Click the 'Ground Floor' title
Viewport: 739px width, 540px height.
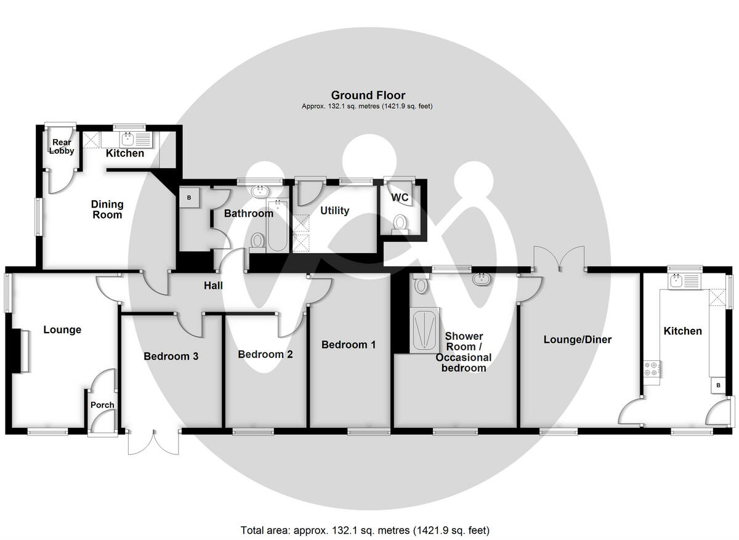[368, 95]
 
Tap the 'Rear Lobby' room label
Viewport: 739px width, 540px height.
[62, 147]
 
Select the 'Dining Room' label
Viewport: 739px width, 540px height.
[107, 209]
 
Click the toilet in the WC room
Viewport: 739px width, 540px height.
[400, 222]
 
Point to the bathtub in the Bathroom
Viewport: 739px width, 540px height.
[277, 225]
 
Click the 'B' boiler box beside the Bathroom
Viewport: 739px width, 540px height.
[189, 198]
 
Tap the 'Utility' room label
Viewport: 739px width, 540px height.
[334, 211]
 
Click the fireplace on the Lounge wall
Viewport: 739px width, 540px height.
[22, 351]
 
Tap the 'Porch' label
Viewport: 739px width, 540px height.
[102, 405]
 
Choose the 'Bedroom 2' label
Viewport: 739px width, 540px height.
[265, 355]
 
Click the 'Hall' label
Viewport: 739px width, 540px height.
[214, 286]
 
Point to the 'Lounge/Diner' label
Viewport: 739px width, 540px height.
[577, 340]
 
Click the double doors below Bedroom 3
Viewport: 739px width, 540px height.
[154, 442]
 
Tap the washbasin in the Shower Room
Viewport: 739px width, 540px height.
[482, 279]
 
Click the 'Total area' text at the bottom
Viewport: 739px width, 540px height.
[365, 530]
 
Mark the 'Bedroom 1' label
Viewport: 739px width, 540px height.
[349, 345]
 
